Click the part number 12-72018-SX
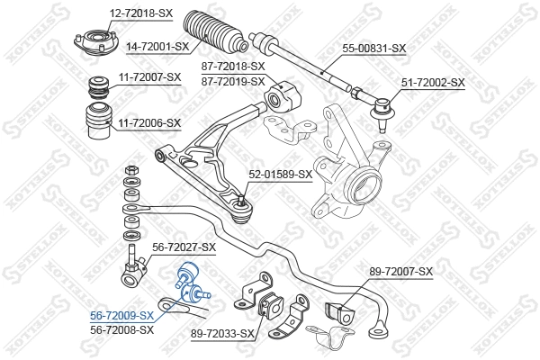pos(142,13)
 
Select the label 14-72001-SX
pos(157,46)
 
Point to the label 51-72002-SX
pos(433,82)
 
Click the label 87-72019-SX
pos(234,81)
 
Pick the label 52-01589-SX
pos(280,175)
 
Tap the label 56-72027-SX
pos(184,247)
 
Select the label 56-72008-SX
pos(121,329)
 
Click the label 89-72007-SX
pos(401,271)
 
